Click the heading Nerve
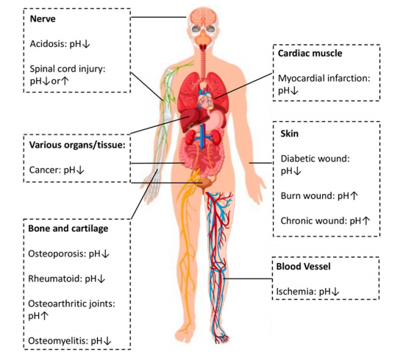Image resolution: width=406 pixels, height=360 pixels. point(43,19)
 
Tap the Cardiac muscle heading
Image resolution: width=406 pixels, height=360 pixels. point(310,54)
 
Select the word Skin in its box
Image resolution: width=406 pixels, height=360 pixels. point(290,134)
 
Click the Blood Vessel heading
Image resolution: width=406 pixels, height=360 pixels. point(303,267)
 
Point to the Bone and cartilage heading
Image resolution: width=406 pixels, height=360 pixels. point(68,228)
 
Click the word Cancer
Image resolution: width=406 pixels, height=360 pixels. point(45,170)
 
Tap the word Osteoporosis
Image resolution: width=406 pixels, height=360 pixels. point(57,253)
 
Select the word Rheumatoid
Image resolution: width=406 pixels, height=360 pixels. point(54,278)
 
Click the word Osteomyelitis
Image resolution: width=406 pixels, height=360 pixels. point(58,341)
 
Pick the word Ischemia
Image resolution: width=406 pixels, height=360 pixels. point(295,292)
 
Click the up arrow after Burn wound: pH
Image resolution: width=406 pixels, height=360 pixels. point(354,195)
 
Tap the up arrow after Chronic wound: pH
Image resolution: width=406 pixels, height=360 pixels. point(366,220)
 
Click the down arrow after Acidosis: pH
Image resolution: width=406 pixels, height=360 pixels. point(86,44)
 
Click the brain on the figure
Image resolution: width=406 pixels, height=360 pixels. point(202,17)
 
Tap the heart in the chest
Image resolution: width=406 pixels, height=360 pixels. point(205,100)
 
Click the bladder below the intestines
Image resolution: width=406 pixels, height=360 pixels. point(207,183)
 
